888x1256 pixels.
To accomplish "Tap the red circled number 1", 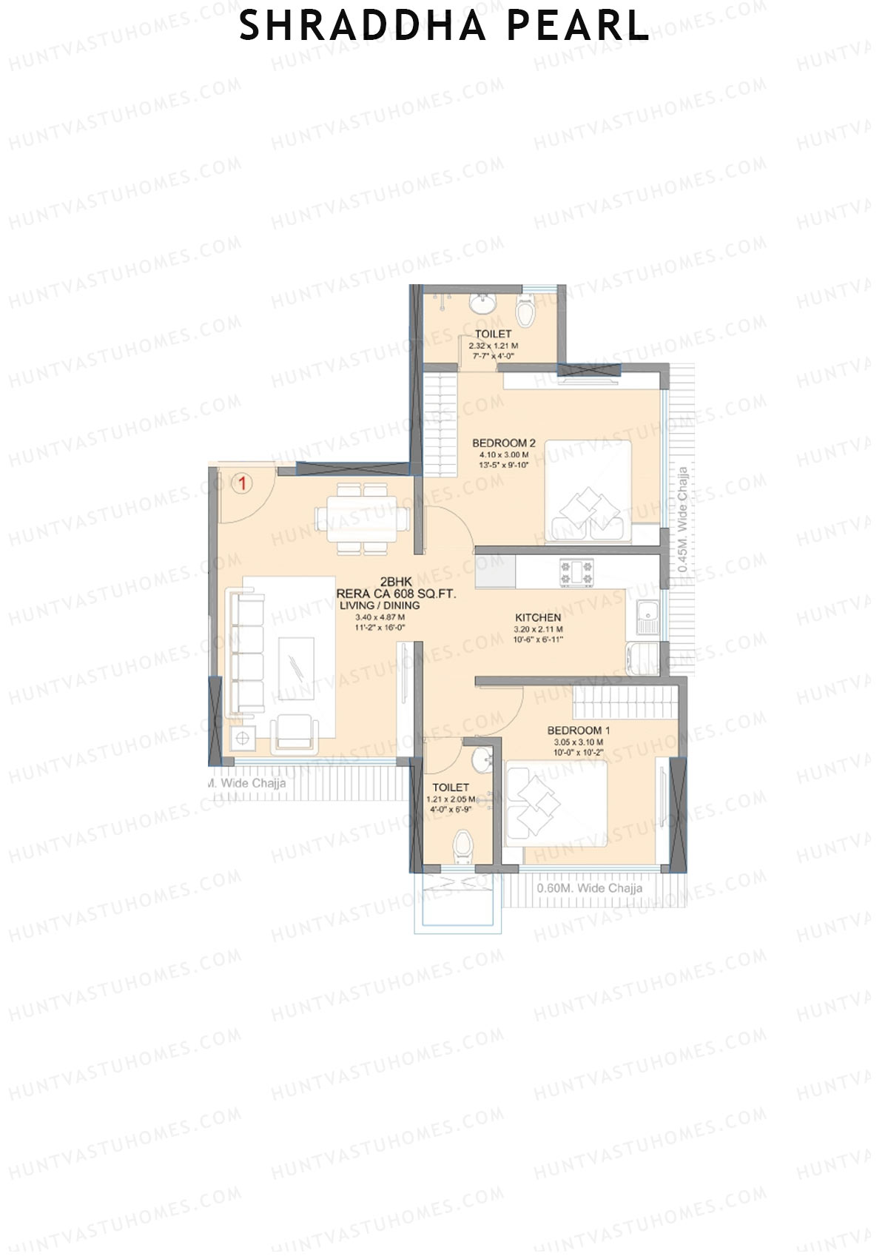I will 242,484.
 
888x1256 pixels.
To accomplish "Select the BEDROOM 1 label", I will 578,731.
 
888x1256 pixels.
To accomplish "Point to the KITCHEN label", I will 538,617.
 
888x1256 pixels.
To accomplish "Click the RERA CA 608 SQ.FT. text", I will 396,594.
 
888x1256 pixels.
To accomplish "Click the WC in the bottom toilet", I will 463,846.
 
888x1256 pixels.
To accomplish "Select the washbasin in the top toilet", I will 483,302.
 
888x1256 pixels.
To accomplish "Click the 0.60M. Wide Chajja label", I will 590,888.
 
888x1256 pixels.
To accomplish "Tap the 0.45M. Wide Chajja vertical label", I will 683,520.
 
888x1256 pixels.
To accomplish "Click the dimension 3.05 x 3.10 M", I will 578,742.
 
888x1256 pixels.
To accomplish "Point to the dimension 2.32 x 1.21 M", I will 493,346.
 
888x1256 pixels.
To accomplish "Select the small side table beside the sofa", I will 242,737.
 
